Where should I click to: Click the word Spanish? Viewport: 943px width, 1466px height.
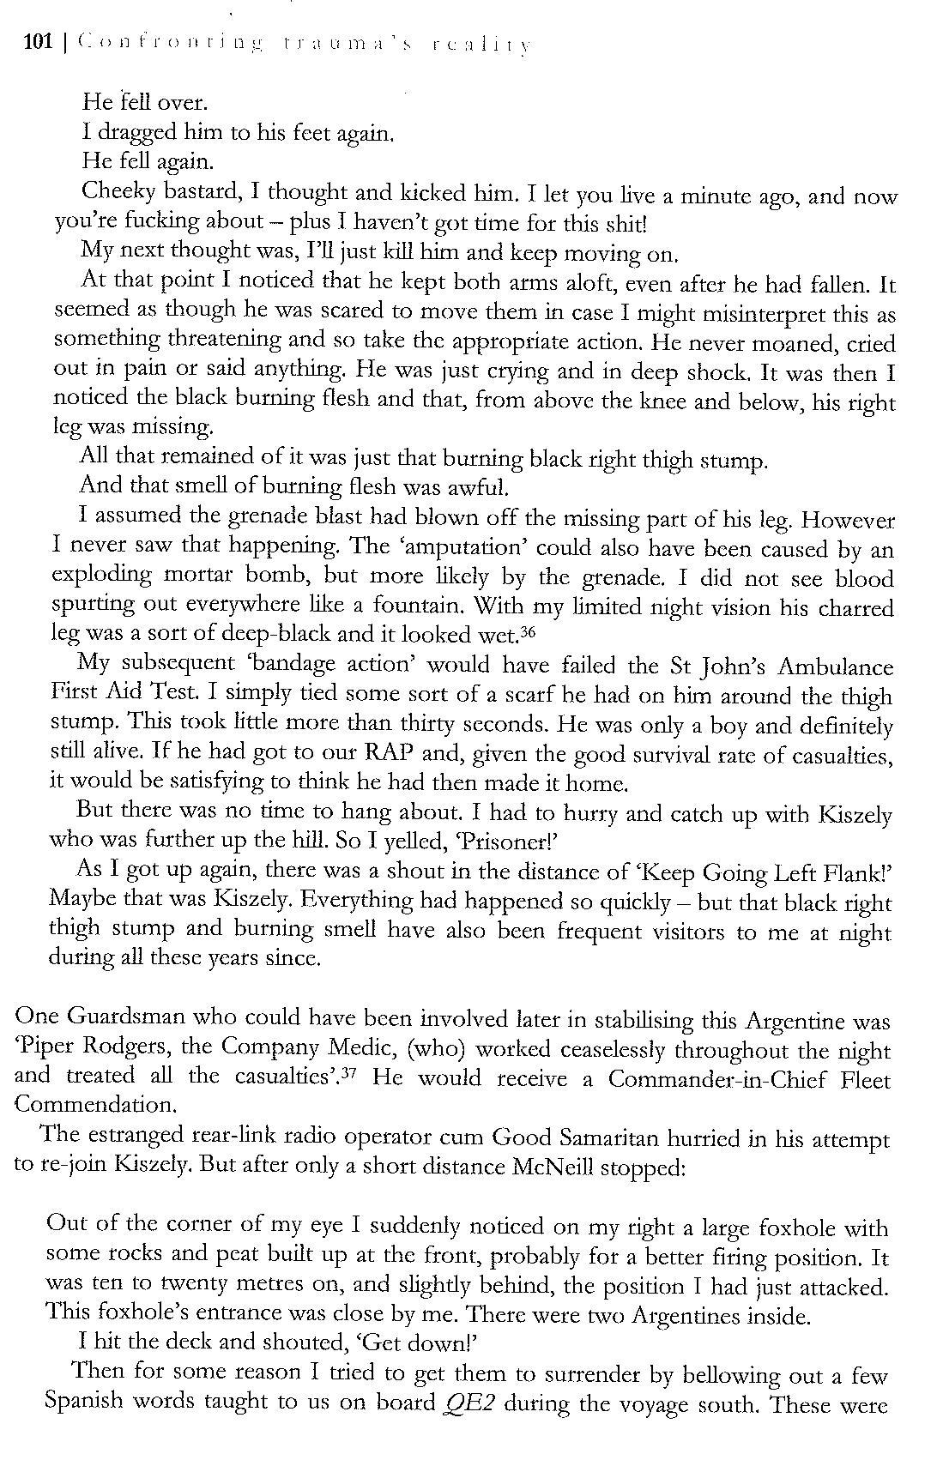click(x=84, y=1403)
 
